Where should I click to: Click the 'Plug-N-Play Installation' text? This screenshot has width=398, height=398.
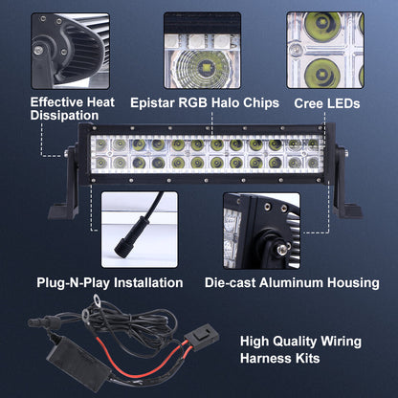pyautogui.click(x=109, y=282)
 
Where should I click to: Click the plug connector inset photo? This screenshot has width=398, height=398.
pyautogui.click(x=139, y=230)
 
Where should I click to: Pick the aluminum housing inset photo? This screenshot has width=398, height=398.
pyautogui.click(x=261, y=230)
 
